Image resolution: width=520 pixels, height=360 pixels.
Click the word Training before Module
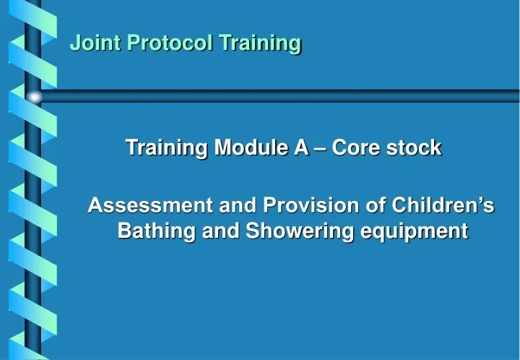pos(162,148)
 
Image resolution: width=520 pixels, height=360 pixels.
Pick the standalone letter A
pos(300,148)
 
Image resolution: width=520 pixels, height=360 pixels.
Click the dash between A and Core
pos(318,149)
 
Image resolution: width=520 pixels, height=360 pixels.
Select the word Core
pos(353,148)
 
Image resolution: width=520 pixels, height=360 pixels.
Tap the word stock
pos(413,148)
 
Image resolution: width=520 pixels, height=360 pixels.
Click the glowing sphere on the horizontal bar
pos(34,96)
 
